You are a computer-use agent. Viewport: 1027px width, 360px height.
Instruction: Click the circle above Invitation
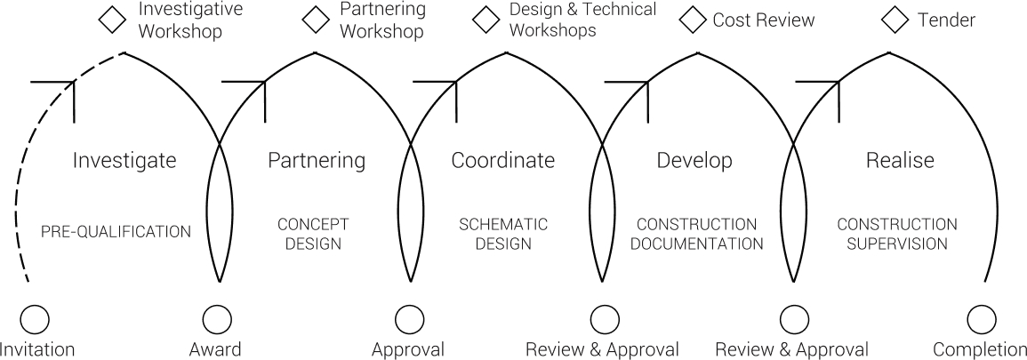click(x=36, y=318)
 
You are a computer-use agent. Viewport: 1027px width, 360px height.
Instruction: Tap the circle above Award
click(x=217, y=318)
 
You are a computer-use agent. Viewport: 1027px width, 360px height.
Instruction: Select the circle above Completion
click(x=981, y=318)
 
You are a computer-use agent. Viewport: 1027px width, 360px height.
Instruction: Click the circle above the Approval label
click(x=408, y=318)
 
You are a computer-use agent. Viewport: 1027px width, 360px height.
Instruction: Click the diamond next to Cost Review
click(x=693, y=20)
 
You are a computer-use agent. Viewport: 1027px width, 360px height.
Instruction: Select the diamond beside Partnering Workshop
click(x=315, y=20)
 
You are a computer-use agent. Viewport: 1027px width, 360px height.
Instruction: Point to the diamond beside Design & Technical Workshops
click(x=486, y=20)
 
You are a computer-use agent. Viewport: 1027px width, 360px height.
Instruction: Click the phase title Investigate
click(x=124, y=161)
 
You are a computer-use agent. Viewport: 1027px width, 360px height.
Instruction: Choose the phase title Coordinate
click(x=503, y=161)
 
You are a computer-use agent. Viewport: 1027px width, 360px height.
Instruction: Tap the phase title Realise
click(x=900, y=161)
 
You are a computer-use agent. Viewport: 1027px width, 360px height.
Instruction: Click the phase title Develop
click(x=694, y=161)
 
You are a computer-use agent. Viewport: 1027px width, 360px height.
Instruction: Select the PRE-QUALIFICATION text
click(x=116, y=232)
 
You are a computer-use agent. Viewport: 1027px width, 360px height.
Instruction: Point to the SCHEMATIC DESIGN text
click(x=503, y=233)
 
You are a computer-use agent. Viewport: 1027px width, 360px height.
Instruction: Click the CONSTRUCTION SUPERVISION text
click(x=897, y=233)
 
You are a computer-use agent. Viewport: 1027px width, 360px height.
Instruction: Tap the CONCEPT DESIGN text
click(x=313, y=233)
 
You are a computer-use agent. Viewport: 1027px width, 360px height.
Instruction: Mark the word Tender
click(x=946, y=20)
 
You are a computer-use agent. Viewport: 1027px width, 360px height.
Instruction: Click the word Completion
click(x=979, y=349)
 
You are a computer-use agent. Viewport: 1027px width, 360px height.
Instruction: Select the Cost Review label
click(x=764, y=20)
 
